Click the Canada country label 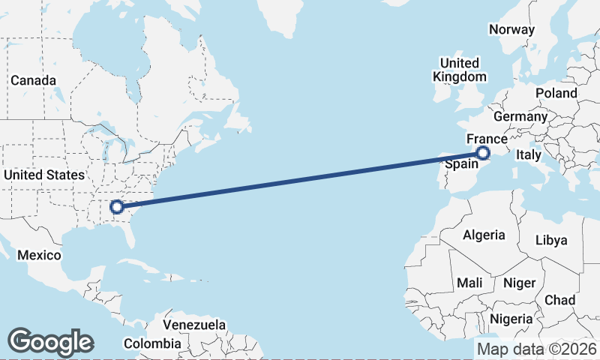(33, 80)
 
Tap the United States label (44, 175)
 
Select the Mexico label (39, 255)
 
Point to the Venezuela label (195, 325)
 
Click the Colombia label (152, 343)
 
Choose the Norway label (511, 30)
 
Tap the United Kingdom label (459, 70)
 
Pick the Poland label (556, 93)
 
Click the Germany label (520, 117)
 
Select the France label (487, 139)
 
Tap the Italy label (527, 154)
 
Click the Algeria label (484, 235)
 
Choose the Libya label (550, 240)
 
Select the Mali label (469, 283)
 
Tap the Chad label (559, 300)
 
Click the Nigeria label (511, 319)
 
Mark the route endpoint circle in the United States (116, 206)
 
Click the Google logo (50, 341)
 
